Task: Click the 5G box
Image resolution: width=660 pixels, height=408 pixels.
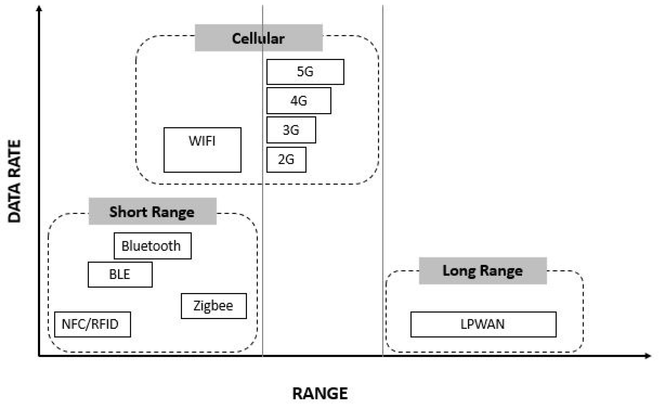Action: pyautogui.click(x=305, y=72)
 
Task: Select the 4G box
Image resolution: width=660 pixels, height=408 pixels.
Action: pyautogui.click(x=299, y=101)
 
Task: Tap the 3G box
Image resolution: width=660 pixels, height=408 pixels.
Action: pyautogui.click(x=291, y=130)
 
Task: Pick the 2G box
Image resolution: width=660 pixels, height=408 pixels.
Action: pyautogui.click(x=286, y=159)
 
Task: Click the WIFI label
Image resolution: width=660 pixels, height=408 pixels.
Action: pyautogui.click(x=202, y=141)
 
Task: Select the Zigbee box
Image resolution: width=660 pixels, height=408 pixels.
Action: pyautogui.click(x=214, y=306)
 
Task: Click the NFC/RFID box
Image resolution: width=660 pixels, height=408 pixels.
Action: pyautogui.click(x=92, y=324)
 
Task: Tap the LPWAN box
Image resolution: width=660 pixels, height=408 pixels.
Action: pyautogui.click(x=483, y=324)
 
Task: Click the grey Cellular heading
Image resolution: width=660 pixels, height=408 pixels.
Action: pyautogui.click(x=258, y=38)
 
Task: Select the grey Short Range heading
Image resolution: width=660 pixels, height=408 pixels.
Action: pyautogui.click(x=152, y=211)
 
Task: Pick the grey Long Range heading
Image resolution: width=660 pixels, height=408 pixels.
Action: pyautogui.click(x=482, y=271)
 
